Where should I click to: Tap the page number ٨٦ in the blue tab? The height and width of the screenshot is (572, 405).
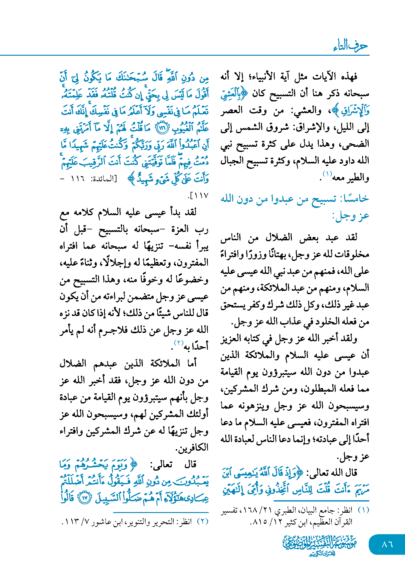(x=387, y=544)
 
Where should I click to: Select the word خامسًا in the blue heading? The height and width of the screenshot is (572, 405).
(x=355, y=199)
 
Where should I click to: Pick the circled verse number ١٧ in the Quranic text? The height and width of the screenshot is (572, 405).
(x=85, y=498)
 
